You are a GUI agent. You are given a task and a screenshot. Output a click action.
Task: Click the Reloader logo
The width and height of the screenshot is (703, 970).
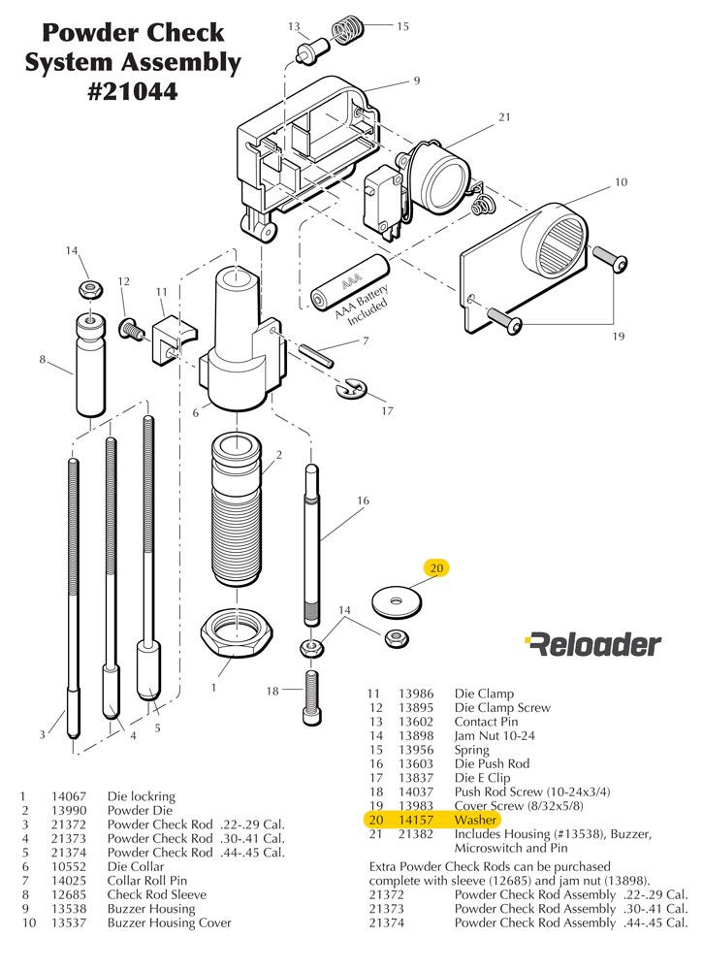tap(592, 643)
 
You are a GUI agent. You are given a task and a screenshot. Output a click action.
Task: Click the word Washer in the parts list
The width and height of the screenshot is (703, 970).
tap(475, 820)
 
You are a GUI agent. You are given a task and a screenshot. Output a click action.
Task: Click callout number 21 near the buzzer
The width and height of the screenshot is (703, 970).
tap(504, 117)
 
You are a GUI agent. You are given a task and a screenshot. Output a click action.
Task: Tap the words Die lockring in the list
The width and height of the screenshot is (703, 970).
tap(142, 796)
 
